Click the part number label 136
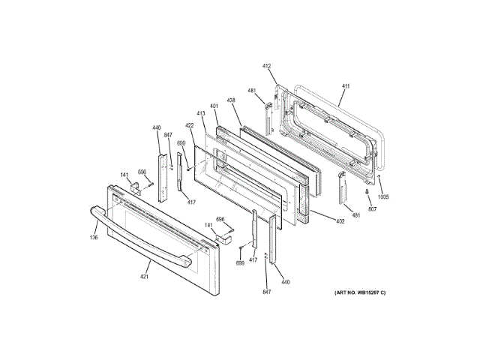click(x=94, y=238)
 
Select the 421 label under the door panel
click(x=145, y=277)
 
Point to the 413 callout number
click(x=201, y=112)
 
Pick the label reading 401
click(x=214, y=106)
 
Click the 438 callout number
click(x=232, y=100)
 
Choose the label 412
click(x=266, y=66)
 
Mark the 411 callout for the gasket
click(x=345, y=87)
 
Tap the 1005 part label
click(x=383, y=197)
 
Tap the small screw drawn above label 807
click(x=367, y=193)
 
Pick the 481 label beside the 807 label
click(x=356, y=216)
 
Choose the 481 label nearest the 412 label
click(x=252, y=91)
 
